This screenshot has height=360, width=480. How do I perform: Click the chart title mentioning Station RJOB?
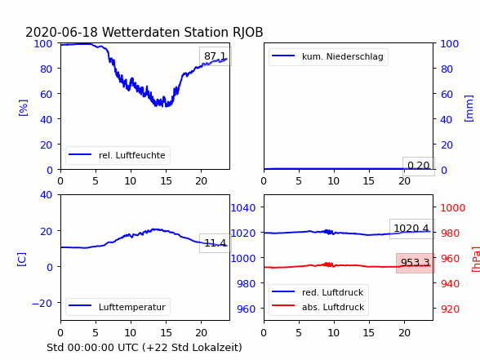(144, 32)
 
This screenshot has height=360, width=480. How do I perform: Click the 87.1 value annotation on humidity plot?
(216, 56)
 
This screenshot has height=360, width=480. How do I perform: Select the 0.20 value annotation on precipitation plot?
(419, 166)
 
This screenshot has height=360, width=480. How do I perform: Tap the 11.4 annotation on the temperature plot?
(216, 243)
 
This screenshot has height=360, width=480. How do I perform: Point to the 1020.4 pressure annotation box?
(411, 229)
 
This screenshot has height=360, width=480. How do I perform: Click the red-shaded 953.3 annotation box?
(416, 263)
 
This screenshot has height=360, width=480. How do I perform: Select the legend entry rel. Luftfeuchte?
(118, 155)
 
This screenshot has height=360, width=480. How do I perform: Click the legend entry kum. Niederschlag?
(327, 56)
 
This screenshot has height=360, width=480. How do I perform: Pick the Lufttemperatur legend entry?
(118, 307)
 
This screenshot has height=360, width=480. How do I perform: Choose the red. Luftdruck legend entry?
(318, 292)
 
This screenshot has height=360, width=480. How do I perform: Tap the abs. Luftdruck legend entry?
(318, 307)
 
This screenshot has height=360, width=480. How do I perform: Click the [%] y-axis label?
(23, 108)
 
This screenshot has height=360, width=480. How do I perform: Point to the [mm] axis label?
(469, 109)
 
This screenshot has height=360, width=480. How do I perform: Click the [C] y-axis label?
(22, 260)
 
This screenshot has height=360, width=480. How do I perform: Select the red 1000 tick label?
(453, 208)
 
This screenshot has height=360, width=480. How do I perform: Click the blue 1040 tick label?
(243, 208)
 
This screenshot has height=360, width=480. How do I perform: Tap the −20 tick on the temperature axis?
(42, 303)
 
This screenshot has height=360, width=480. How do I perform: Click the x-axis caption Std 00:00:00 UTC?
(144, 348)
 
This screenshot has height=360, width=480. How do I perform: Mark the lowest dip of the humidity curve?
(166, 106)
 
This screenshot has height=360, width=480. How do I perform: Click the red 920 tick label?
(450, 309)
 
